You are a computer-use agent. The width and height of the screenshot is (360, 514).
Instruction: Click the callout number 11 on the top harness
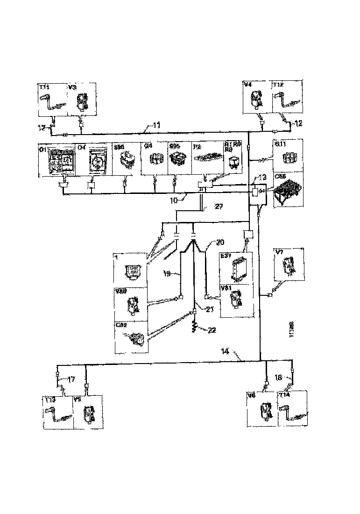click(x=157, y=125)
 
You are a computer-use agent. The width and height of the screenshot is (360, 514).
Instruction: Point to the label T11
click(x=44, y=87)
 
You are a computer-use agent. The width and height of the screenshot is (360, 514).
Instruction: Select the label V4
click(x=248, y=85)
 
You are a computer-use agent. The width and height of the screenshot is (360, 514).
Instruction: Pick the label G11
click(x=280, y=144)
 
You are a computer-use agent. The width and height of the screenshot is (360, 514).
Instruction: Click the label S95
click(x=174, y=146)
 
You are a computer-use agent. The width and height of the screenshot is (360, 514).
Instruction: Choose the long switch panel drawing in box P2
click(x=208, y=161)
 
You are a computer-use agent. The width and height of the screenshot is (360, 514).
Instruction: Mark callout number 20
click(x=219, y=242)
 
